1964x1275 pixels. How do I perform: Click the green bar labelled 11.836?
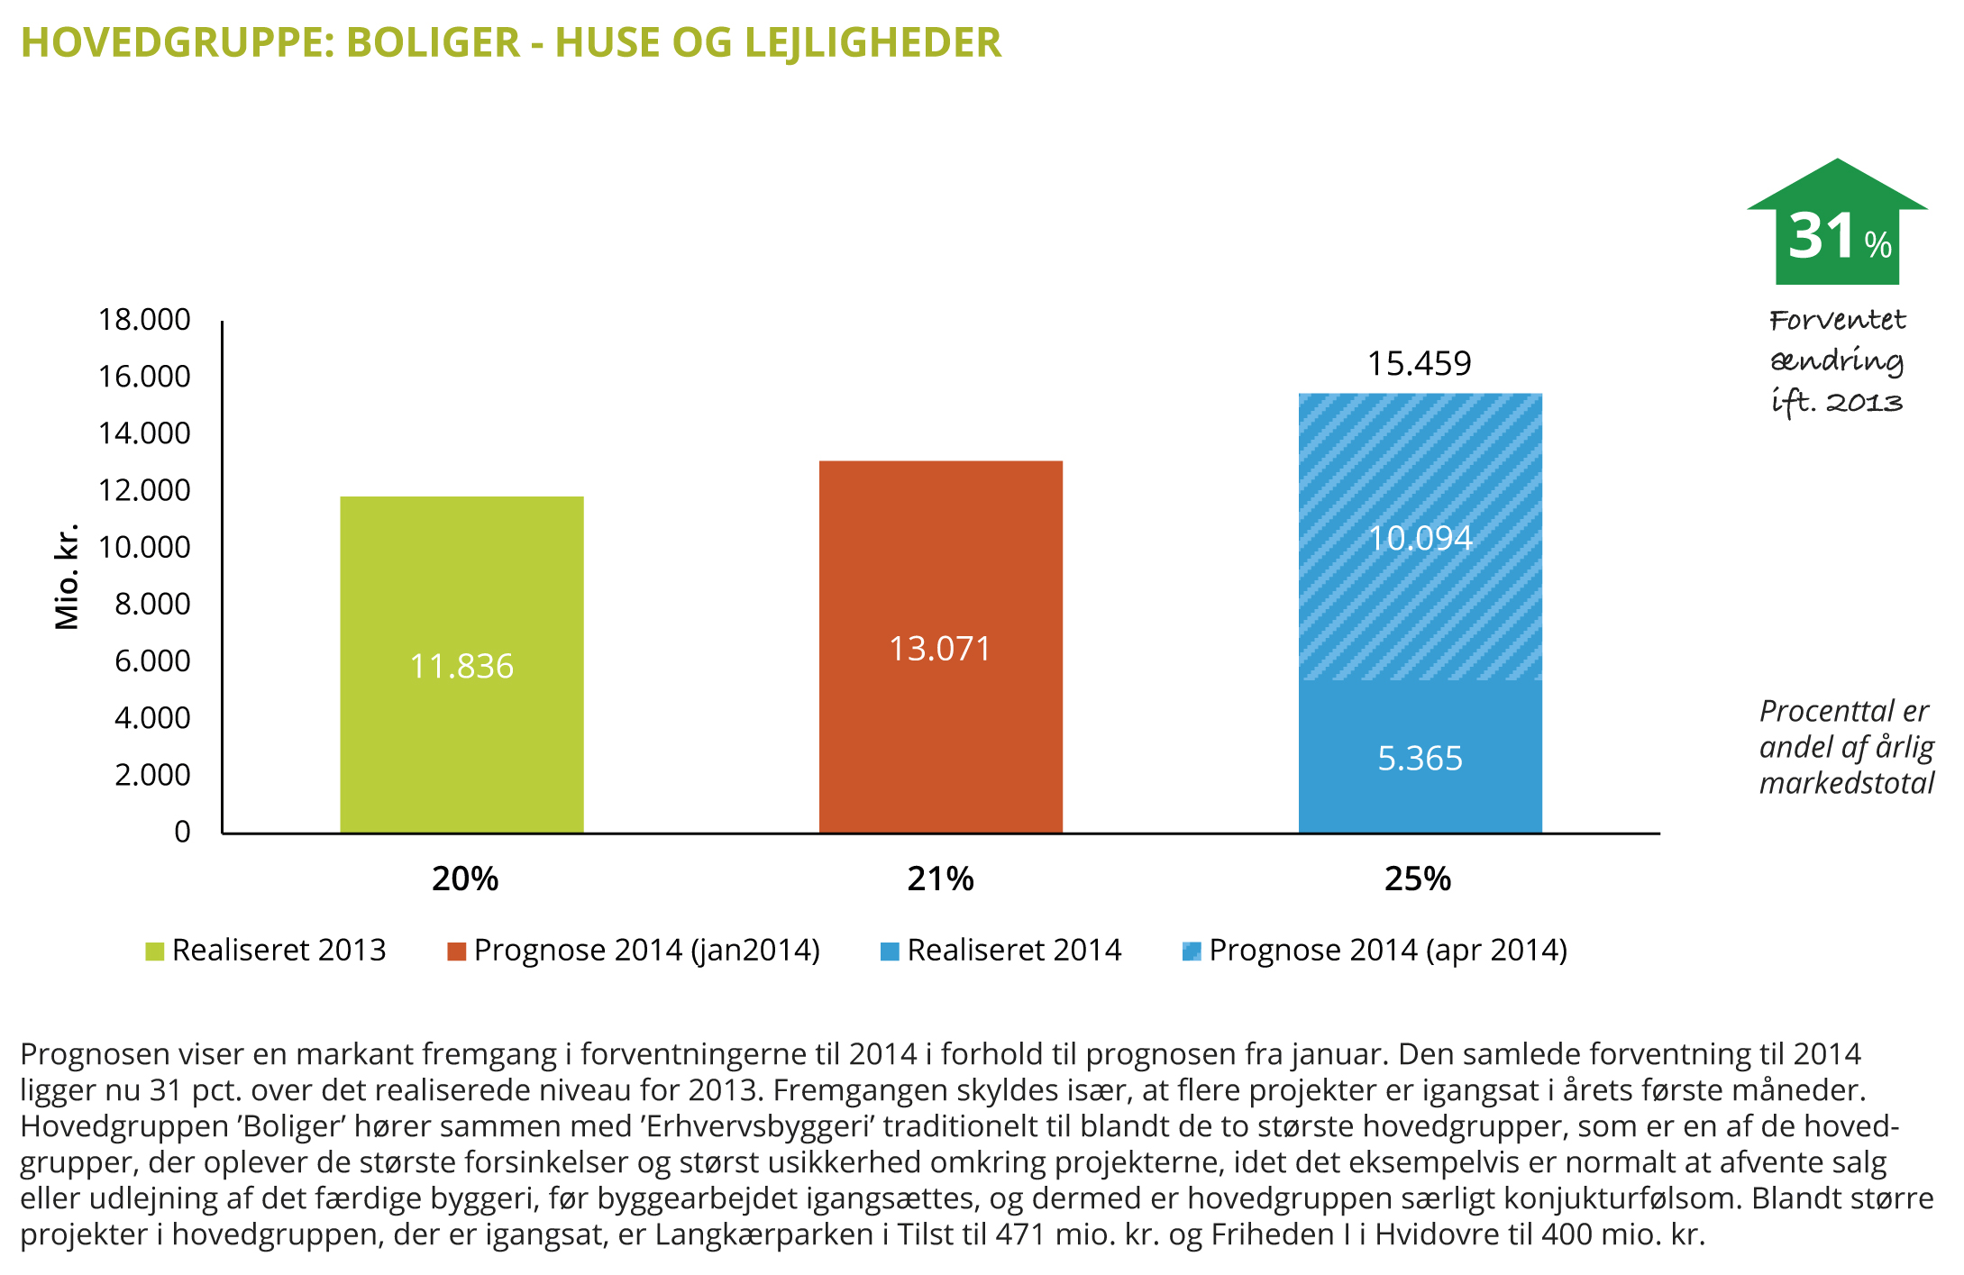(x=461, y=665)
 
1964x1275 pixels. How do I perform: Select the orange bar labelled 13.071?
(x=940, y=647)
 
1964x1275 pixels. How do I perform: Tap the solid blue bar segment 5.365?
(x=1420, y=758)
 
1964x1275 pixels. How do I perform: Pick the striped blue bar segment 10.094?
(x=1420, y=538)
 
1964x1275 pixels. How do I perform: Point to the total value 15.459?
(x=1419, y=363)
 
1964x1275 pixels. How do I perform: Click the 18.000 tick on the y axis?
(x=144, y=320)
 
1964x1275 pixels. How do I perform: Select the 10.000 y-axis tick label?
(x=144, y=547)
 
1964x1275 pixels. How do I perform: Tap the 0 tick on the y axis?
(x=182, y=831)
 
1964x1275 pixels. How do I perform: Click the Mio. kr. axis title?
(x=67, y=577)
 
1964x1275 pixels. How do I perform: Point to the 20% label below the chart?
(x=465, y=879)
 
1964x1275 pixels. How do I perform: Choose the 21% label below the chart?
(x=940, y=879)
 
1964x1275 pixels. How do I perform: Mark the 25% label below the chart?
(x=1418, y=879)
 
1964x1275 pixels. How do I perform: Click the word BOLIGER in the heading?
(x=434, y=42)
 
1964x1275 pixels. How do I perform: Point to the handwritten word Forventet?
(x=1837, y=320)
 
